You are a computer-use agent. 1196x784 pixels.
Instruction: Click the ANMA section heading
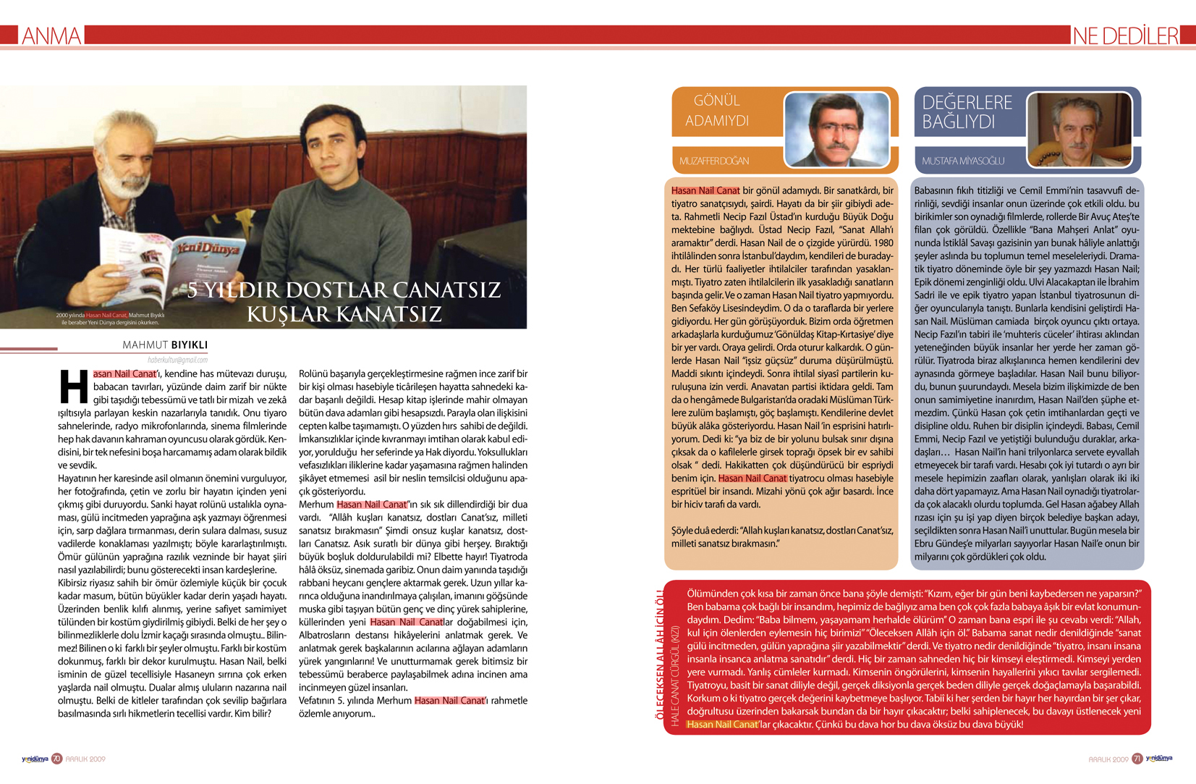coord(51,35)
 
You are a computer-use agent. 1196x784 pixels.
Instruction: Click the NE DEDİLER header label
coord(1125,35)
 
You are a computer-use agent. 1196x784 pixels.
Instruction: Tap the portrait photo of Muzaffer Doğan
coord(836,130)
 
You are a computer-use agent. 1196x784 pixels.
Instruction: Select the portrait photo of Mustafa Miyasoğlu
coord(1079,130)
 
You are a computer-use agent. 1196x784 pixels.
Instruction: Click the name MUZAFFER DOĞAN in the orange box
coord(714,161)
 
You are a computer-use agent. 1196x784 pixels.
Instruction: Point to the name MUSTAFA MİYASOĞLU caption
coord(963,161)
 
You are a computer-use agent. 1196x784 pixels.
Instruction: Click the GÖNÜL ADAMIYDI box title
coord(716,111)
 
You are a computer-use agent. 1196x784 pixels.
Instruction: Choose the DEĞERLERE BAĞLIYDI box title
coord(967,112)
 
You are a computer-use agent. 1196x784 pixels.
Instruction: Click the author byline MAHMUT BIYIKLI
coord(165,345)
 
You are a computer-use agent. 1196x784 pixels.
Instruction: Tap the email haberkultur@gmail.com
coord(177,360)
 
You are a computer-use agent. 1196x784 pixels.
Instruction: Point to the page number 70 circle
coord(56,759)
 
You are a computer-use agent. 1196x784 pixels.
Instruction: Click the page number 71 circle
coord(1137,759)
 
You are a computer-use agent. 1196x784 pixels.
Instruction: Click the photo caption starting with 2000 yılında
coord(110,319)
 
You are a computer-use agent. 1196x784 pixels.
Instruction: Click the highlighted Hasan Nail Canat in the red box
coord(722,724)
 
